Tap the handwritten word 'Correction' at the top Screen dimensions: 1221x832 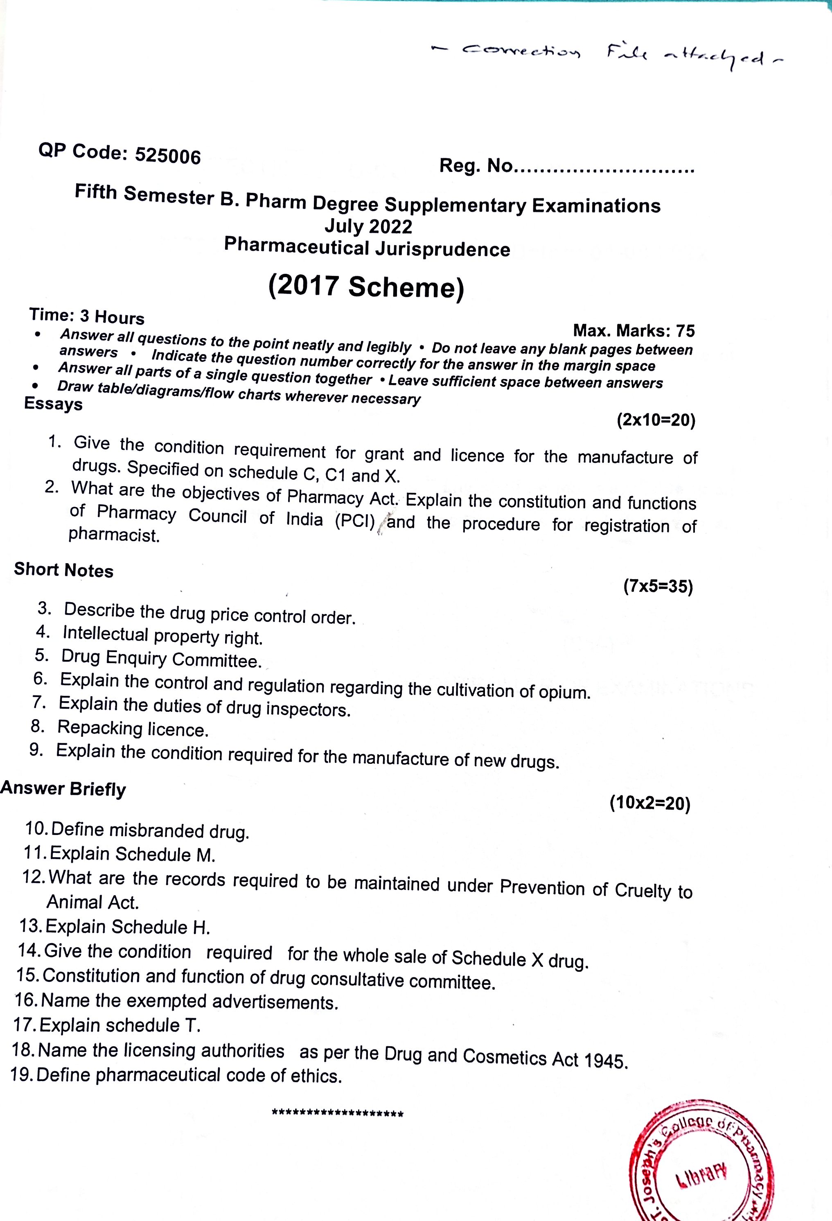pos(521,51)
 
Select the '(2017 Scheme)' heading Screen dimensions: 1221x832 pos(366,287)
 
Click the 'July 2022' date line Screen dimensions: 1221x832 pos(368,226)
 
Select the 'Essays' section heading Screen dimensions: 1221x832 pos(54,404)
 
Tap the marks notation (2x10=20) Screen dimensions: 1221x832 pos(656,420)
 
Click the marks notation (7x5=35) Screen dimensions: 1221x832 pos(658,586)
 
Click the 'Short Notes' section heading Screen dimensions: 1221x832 pos(63,570)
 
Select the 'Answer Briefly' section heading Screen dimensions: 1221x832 pos(63,789)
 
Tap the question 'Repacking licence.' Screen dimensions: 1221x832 pos(133,728)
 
